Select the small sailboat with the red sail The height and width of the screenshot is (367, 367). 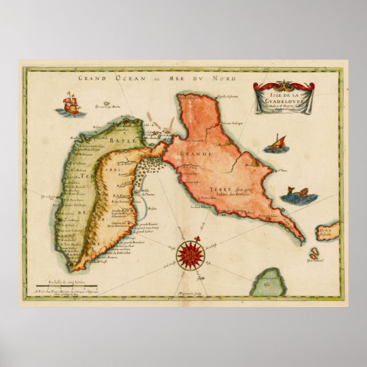point(278,143)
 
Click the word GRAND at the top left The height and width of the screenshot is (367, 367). point(92,79)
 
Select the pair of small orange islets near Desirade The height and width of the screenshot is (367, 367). point(314,254)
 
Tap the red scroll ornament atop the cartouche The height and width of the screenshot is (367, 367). point(283,87)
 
